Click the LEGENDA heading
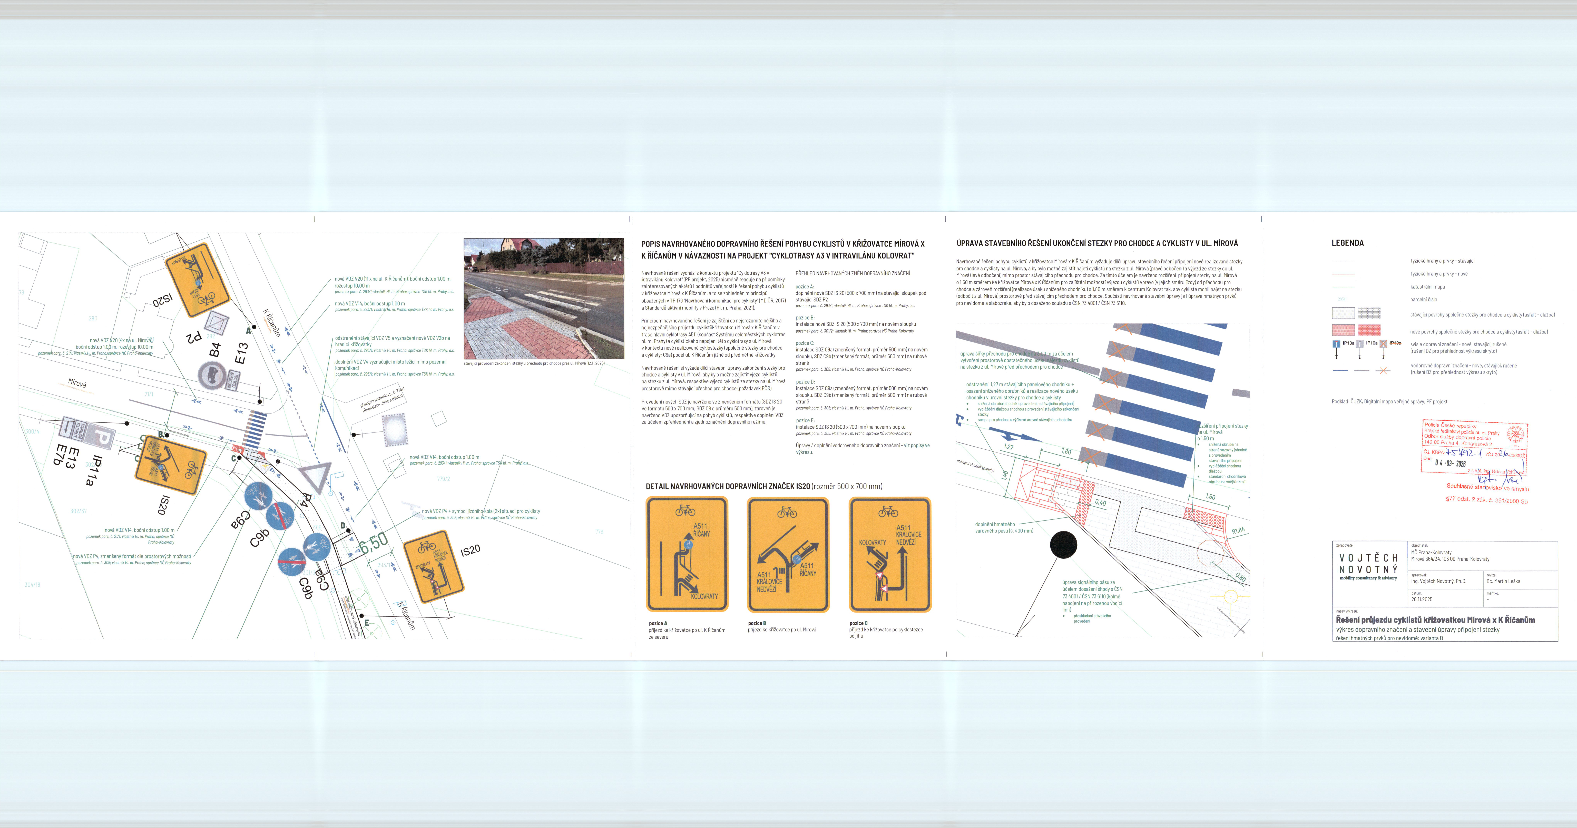(1347, 243)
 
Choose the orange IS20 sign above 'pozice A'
(687, 555)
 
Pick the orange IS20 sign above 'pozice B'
(788, 555)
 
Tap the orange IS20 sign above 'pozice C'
(889, 555)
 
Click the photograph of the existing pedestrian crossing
(544, 299)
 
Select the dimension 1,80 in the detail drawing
(1066, 452)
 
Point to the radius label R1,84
(1238, 530)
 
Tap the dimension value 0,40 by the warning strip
(1100, 502)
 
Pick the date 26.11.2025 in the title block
(1422, 600)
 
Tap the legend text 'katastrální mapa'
(1427, 287)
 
